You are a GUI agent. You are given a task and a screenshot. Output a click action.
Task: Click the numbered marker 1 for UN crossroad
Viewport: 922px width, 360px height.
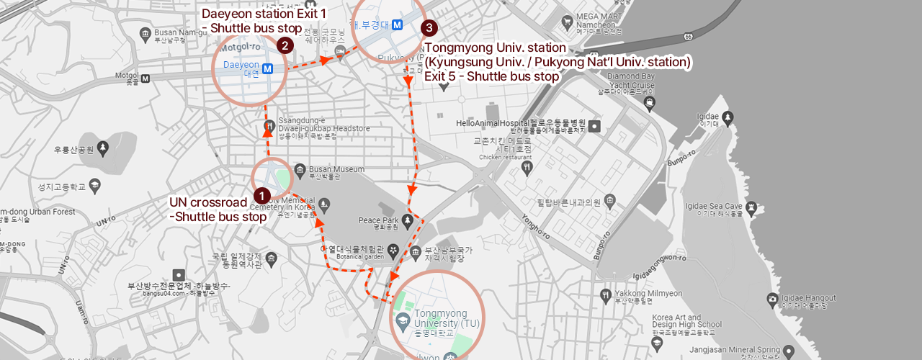[x=261, y=195]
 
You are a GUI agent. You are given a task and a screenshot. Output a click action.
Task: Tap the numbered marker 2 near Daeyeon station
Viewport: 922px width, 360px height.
[x=285, y=45]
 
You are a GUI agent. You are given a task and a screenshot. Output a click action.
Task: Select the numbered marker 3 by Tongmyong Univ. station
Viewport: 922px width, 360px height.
[x=429, y=28]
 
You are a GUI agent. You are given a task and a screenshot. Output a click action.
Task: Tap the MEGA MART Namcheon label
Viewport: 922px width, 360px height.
[x=596, y=23]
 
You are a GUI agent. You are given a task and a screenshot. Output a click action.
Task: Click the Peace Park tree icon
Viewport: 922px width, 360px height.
[x=408, y=220]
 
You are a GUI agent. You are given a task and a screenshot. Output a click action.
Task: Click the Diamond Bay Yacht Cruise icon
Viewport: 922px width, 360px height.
[x=650, y=102]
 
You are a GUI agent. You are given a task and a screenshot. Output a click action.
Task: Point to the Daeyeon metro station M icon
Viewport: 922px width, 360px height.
[x=268, y=69]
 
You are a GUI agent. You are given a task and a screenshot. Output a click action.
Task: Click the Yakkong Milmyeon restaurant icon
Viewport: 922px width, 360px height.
[x=607, y=294]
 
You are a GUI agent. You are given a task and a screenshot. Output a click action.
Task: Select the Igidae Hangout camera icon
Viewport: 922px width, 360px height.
[x=772, y=298]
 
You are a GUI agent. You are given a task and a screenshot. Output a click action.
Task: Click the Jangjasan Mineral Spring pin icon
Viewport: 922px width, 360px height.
[x=789, y=351]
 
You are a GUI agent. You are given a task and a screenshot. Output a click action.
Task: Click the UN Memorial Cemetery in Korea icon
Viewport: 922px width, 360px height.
[x=324, y=204]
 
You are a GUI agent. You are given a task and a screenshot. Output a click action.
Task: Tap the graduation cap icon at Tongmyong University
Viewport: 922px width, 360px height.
[x=403, y=318]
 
